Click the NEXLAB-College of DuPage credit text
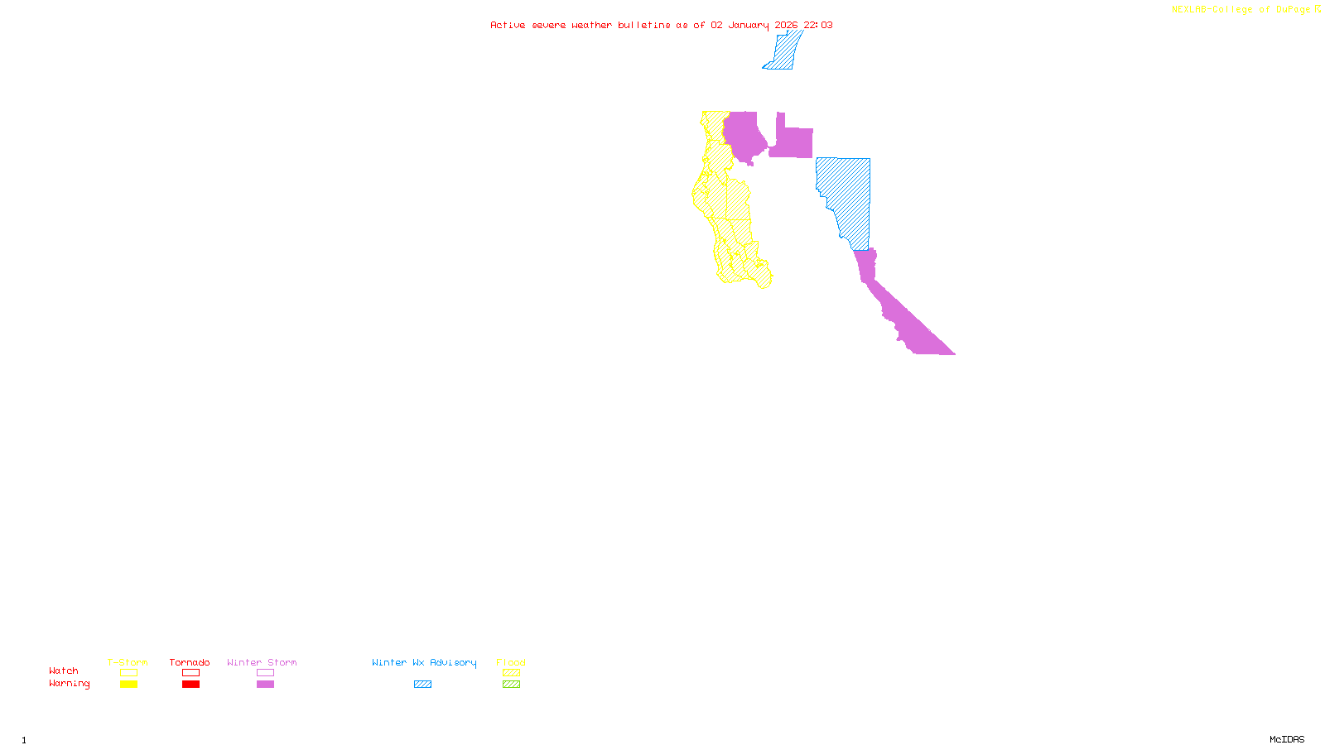pos(1241,10)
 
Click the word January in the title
pos(748,25)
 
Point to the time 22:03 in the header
pos(817,25)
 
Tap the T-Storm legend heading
pos(128,662)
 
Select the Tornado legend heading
pos(190,662)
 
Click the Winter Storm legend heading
pos(262,662)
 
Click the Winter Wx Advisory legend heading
pos(424,662)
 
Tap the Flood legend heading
pos(511,662)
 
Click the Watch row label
pos(64,671)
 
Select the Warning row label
pos(70,684)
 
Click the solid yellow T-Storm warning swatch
pos(128,685)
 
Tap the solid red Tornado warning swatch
pos(190,685)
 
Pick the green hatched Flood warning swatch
pos(511,685)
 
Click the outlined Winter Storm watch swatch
pos(265,673)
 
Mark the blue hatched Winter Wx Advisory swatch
pos(422,685)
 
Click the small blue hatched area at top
pos(783,51)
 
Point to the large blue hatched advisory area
pos(849,195)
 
